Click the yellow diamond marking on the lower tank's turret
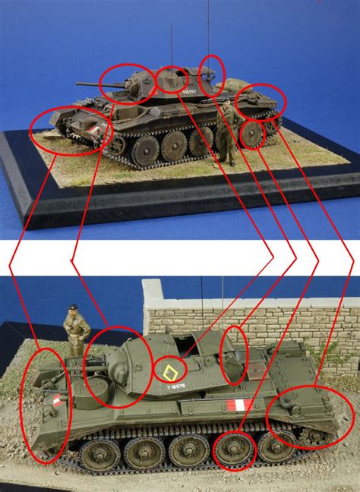(x=168, y=371)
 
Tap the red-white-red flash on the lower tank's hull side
(x=238, y=405)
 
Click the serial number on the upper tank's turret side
(x=190, y=93)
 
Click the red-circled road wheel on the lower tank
(x=233, y=451)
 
